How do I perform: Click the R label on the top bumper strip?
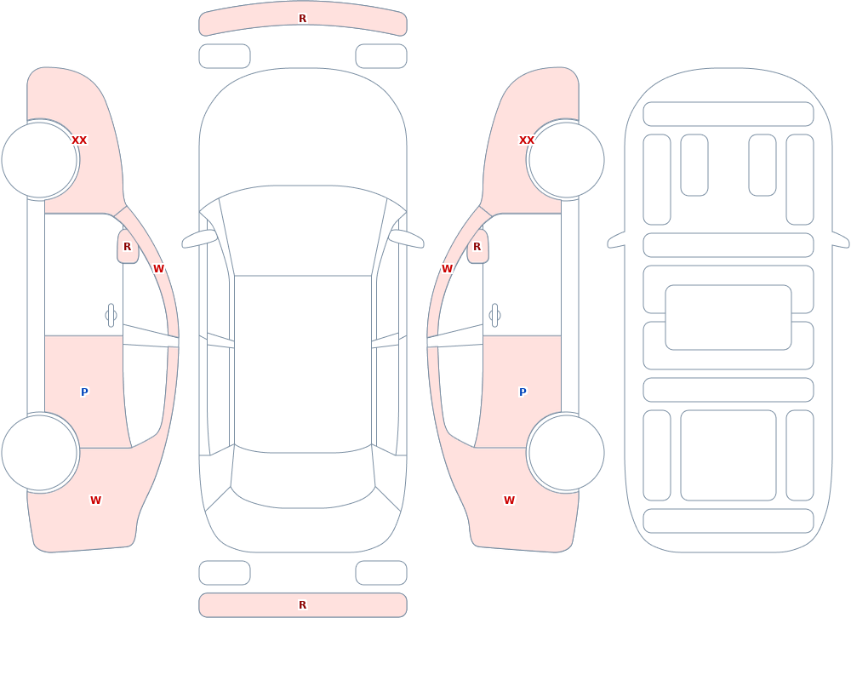pos(302,19)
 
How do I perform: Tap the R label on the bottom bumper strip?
pos(302,605)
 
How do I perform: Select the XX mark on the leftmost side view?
pos(79,140)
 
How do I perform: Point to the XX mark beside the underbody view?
pos(527,140)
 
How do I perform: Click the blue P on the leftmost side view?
pos(84,392)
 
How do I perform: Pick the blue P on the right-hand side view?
pos(523,392)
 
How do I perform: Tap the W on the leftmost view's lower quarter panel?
pos(95,501)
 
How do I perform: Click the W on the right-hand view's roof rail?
pos(448,269)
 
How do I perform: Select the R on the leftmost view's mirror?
pos(127,247)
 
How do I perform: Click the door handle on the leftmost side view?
pos(111,316)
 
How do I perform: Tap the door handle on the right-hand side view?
pos(494,316)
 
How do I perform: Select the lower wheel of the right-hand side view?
pos(566,452)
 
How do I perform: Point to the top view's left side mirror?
pos(199,238)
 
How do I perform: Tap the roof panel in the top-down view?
pos(303,363)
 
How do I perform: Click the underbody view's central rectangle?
pos(728,317)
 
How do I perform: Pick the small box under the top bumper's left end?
pos(225,56)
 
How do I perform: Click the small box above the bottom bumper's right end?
pos(381,573)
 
